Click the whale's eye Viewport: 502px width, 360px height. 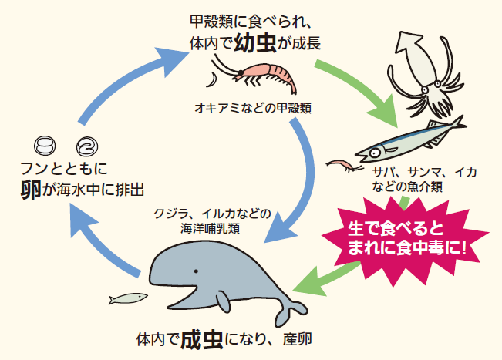pyautogui.click(x=196, y=271)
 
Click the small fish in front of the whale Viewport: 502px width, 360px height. pyautogui.click(x=128, y=298)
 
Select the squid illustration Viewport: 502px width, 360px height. pyautogui.click(x=425, y=73)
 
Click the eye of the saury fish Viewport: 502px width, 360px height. pyautogui.click(x=375, y=153)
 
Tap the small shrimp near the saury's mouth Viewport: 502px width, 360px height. pyautogui.click(x=343, y=165)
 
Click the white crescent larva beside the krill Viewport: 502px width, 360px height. pyautogui.click(x=212, y=79)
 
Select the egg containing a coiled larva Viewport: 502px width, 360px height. pyautogui.click(x=87, y=146)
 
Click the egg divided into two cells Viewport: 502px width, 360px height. pyautogui.click(x=45, y=146)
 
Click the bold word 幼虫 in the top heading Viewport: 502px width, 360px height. pyautogui.click(x=255, y=43)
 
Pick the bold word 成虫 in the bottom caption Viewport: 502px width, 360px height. pyautogui.click(x=202, y=340)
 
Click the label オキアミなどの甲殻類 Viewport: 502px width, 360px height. pyautogui.click(x=253, y=109)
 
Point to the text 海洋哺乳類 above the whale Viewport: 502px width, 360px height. pyautogui.click(x=210, y=228)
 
